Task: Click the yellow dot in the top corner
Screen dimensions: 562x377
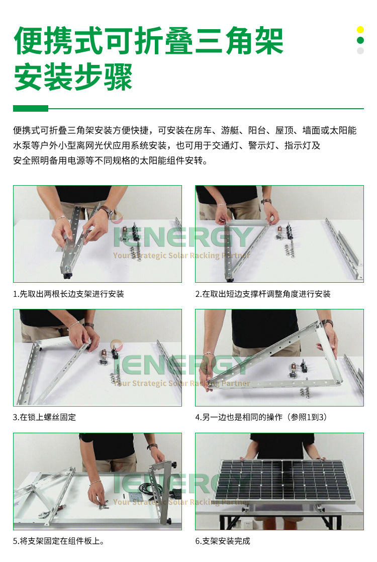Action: pos(360,30)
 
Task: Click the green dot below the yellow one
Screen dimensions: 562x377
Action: pos(360,40)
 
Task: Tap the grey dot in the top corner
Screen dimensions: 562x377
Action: pos(360,51)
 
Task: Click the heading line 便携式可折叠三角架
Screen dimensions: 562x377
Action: pos(148,41)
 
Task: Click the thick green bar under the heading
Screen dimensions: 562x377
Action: pos(30,108)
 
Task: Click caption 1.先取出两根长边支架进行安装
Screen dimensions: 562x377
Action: pos(68,294)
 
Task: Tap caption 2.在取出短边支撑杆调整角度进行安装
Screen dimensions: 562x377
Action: pos(263,294)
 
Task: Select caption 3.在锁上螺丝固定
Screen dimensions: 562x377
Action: pos(45,417)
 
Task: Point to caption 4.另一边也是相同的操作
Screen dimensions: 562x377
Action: pos(261,417)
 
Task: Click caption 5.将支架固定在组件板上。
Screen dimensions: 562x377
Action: pos(59,541)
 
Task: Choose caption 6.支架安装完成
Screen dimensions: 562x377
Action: pos(223,541)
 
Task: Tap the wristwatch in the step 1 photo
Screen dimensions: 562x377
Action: pos(106,211)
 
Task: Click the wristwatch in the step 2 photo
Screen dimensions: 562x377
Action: pos(266,202)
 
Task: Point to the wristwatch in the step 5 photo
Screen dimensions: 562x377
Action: pos(152,447)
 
